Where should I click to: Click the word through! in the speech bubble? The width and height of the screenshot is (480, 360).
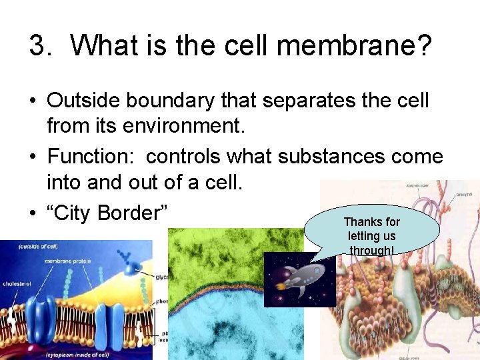[x=371, y=250]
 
